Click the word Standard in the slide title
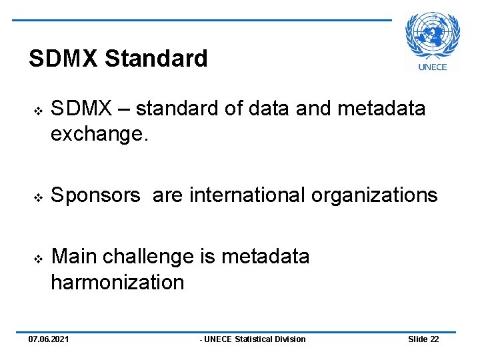[x=156, y=59]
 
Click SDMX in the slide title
[x=64, y=59]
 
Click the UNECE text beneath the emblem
[x=432, y=66]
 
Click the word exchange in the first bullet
[x=97, y=135]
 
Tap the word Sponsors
[x=96, y=195]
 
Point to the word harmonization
[x=117, y=282]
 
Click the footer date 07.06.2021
[x=48, y=339]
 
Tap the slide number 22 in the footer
[x=434, y=339]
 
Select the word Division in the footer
[x=291, y=339]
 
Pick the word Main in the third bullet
[x=75, y=257]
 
